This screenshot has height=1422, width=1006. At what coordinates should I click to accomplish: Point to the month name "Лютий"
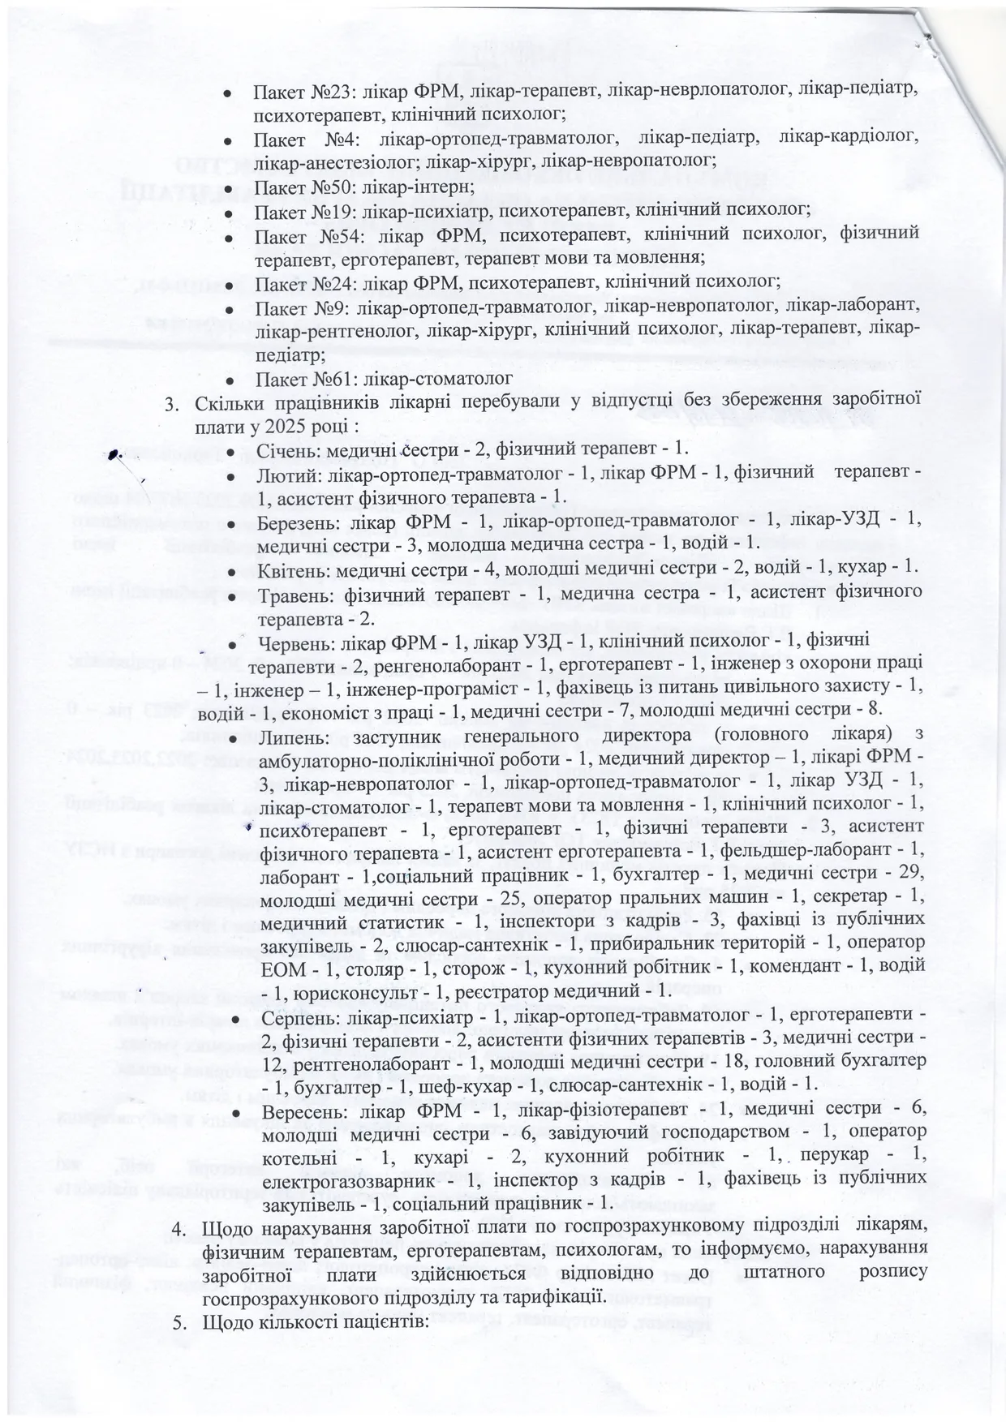click(x=282, y=472)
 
